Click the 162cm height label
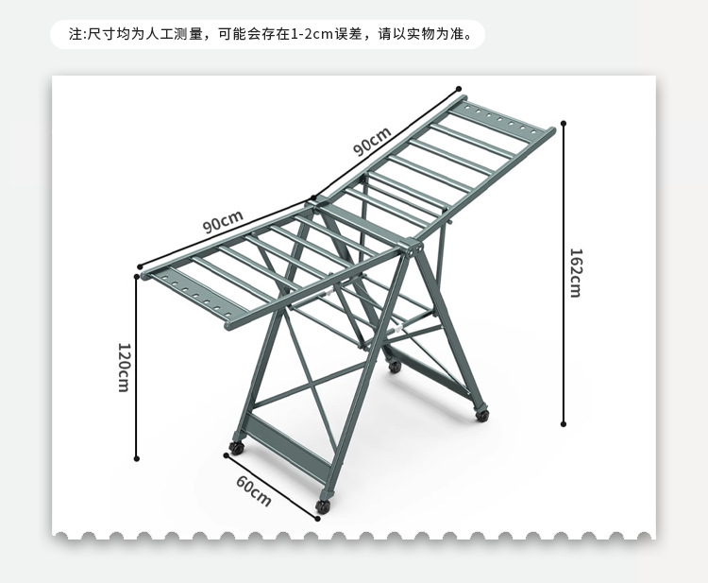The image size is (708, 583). click(x=575, y=273)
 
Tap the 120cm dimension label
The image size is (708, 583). click(x=123, y=367)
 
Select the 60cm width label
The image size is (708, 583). click(x=253, y=491)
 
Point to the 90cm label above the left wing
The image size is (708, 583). click(x=223, y=224)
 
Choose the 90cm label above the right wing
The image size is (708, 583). click(x=372, y=142)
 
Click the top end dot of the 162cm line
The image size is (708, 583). click(x=564, y=122)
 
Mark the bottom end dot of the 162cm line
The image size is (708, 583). click(x=564, y=424)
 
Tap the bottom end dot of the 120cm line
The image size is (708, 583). click(x=138, y=459)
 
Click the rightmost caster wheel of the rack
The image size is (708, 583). click(x=482, y=413)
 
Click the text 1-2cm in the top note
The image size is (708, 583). click(x=311, y=35)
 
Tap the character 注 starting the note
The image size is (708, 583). click(x=76, y=35)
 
